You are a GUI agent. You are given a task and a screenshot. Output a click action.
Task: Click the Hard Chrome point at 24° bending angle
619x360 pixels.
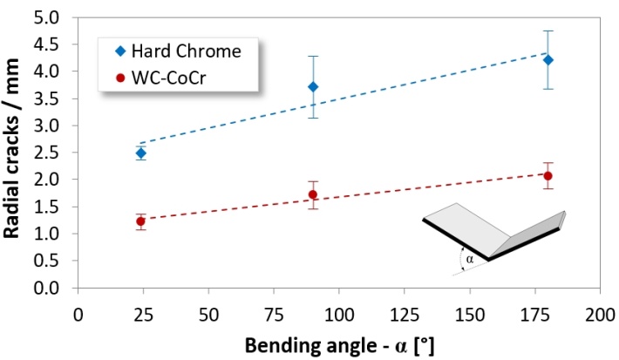click(140, 153)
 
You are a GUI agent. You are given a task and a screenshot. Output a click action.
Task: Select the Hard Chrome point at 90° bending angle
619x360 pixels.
click(313, 87)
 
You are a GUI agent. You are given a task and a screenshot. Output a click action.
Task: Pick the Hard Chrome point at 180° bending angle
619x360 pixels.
click(548, 60)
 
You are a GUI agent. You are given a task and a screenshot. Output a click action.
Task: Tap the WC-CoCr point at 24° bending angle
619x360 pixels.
click(140, 221)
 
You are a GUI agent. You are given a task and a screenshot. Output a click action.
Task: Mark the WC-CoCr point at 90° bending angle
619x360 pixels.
click(313, 194)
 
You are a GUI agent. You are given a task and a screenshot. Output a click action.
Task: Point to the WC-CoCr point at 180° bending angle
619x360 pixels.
click(548, 176)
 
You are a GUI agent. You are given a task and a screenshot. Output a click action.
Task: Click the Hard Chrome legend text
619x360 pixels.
click(187, 50)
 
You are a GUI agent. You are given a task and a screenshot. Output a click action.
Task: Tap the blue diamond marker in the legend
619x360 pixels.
click(115, 50)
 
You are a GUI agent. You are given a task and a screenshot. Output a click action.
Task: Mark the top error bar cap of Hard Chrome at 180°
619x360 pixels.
click(548, 31)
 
